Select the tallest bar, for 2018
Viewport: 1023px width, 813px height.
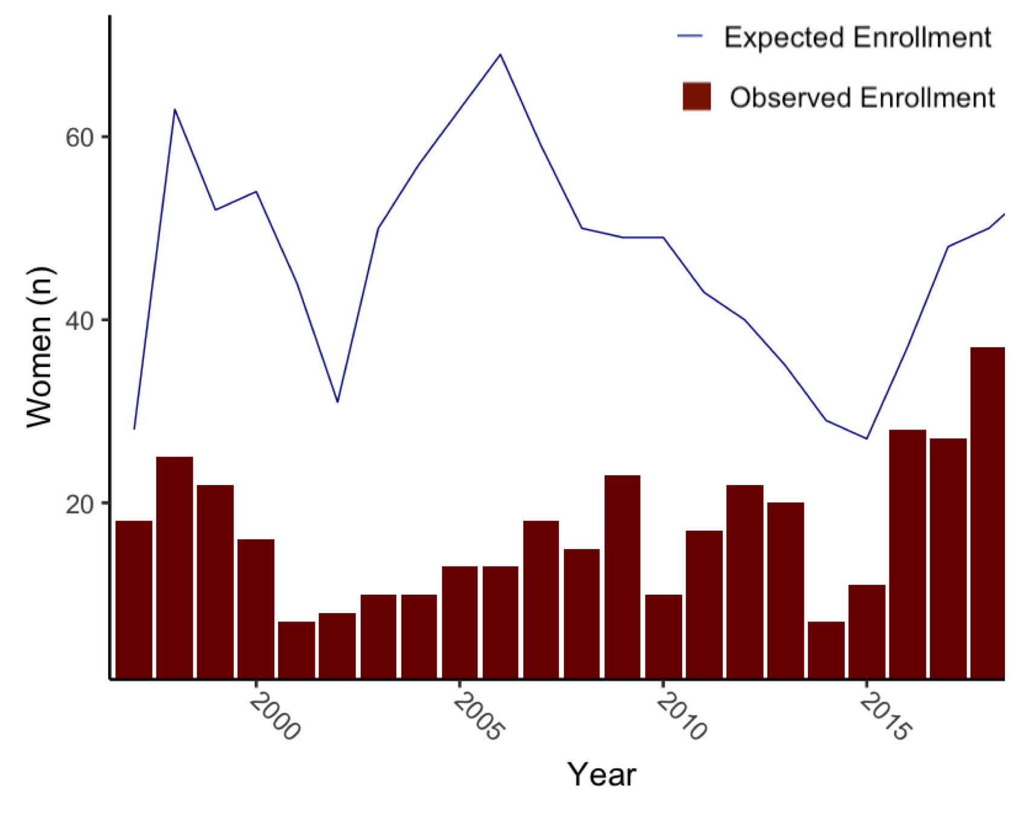point(987,513)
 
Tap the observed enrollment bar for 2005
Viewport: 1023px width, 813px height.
point(460,622)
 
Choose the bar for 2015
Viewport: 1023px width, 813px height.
point(866,631)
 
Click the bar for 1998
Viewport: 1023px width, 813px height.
point(175,567)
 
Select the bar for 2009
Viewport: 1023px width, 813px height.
point(622,577)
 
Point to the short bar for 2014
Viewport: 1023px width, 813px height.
point(826,649)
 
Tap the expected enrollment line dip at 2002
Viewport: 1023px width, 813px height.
point(338,402)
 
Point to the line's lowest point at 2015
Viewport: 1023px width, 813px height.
point(866,439)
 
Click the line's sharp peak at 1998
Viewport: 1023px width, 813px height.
point(175,109)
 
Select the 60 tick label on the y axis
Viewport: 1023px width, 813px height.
point(79,137)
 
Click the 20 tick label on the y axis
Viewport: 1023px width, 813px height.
point(79,503)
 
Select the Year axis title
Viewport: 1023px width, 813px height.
point(601,774)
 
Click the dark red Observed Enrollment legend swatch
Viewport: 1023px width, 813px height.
point(696,97)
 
